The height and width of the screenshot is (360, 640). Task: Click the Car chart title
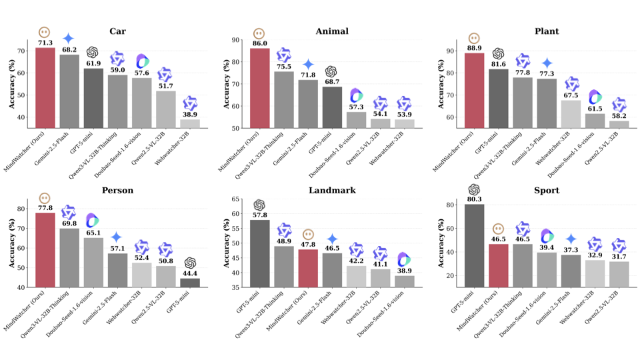[x=117, y=31]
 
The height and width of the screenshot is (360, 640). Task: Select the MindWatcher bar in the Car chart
[x=45, y=87]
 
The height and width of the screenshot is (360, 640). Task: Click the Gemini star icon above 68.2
[x=69, y=39]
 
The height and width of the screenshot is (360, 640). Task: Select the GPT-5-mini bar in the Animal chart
[x=332, y=107]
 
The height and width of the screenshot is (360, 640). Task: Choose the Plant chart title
[x=546, y=31]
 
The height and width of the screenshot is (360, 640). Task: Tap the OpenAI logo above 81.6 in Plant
[x=499, y=54]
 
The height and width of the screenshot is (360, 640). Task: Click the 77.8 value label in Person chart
[x=45, y=208]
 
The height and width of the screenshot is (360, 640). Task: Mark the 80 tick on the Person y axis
[x=23, y=209]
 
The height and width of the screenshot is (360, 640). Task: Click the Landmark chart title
[x=332, y=191]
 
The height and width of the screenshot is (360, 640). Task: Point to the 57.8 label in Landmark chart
[x=260, y=215]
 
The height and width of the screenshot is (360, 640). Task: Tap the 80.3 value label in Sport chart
[x=474, y=199]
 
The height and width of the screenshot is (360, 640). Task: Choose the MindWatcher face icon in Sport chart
[x=498, y=229]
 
